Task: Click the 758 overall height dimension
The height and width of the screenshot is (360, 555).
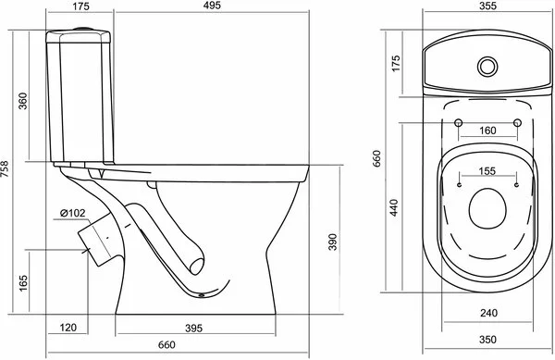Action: [x=5, y=169]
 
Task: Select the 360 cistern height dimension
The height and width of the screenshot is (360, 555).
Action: [x=22, y=101]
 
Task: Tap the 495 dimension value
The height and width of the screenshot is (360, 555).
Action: [x=212, y=6]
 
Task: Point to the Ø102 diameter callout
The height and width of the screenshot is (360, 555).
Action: [x=72, y=213]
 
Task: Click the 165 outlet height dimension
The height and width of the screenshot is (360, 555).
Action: [x=22, y=283]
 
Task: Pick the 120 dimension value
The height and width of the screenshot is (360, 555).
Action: [x=68, y=328]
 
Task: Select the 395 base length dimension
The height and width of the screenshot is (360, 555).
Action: [x=193, y=329]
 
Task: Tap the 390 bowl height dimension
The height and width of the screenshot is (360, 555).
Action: [x=332, y=242]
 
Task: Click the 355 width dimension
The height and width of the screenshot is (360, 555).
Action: [x=487, y=6]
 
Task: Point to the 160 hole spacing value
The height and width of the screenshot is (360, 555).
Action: [x=487, y=130]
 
